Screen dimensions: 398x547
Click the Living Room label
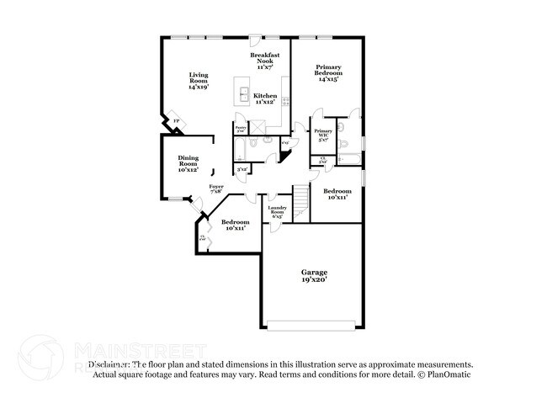click(x=198, y=76)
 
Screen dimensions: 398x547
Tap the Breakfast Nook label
click(x=266, y=58)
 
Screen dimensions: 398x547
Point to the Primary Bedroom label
click(x=327, y=70)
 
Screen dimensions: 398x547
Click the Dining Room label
click(x=188, y=161)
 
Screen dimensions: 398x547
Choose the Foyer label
click(x=217, y=186)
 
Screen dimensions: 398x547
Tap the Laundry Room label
click(x=279, y=210)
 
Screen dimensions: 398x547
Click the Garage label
click(x=315, y=273)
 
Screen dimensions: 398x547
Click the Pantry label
click(x=240, y=129)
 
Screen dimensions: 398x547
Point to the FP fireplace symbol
click(x=176, y=123)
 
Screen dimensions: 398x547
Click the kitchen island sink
click(x=245, y=93)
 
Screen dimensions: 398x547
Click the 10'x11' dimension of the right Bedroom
click(x=337, y=198)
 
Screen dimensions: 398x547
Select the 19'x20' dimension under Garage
click(x=315, y=281)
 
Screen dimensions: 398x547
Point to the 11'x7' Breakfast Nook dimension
click(x=266, y=66)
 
